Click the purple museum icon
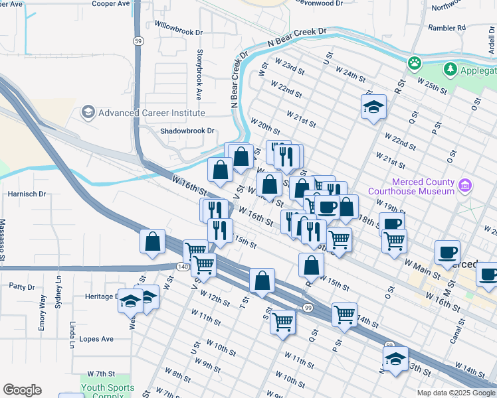pyautogui.click(x=465, y=183)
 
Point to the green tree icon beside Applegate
pyautogui.click(x=450, y=70)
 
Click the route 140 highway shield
pyautogui.click(x=183, y=266)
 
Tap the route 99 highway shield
pyautogui.click(x=308, y=307)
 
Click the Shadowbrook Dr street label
pyautogui.click(x=187, y=131)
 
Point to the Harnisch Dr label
pyautogui.click(x=27, y=194)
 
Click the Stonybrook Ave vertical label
pyautogui.click(x=198, y=72)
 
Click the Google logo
pyautogui.click(x=22, y=390)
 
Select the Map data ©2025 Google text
pyautogui.click(x=455, y=393)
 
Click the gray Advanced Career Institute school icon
pyautogui.click(x=88, y=112)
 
